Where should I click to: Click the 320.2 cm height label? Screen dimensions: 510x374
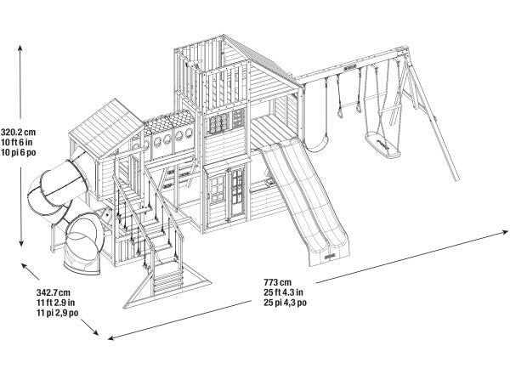click(18, 133)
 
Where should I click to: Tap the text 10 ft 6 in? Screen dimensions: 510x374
click(17, 142)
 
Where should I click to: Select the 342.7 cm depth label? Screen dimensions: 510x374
click(54, 292)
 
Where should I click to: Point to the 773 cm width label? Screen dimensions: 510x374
click(278, 282)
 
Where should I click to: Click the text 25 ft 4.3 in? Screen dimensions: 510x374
click(283, 292)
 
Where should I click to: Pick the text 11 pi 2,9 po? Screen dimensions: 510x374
click(57, 313)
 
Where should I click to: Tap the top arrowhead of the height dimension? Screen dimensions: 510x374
click(20, 48)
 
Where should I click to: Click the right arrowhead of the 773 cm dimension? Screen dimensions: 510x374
click(504, 232)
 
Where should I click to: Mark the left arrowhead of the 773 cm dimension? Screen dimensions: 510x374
click(111, 338)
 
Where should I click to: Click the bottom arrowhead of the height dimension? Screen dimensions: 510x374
click(21, 243)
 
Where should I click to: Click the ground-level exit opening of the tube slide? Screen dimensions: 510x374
click(82, 251)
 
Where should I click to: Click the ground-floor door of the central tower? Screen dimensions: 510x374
click(237, 193)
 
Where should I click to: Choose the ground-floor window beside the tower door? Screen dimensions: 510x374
click(218, 189)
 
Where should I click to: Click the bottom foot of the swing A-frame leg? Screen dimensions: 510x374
click(456, 178)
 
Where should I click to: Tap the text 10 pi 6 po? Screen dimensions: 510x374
click(18, 152)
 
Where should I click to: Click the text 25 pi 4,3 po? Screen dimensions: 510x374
click(285, 303)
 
